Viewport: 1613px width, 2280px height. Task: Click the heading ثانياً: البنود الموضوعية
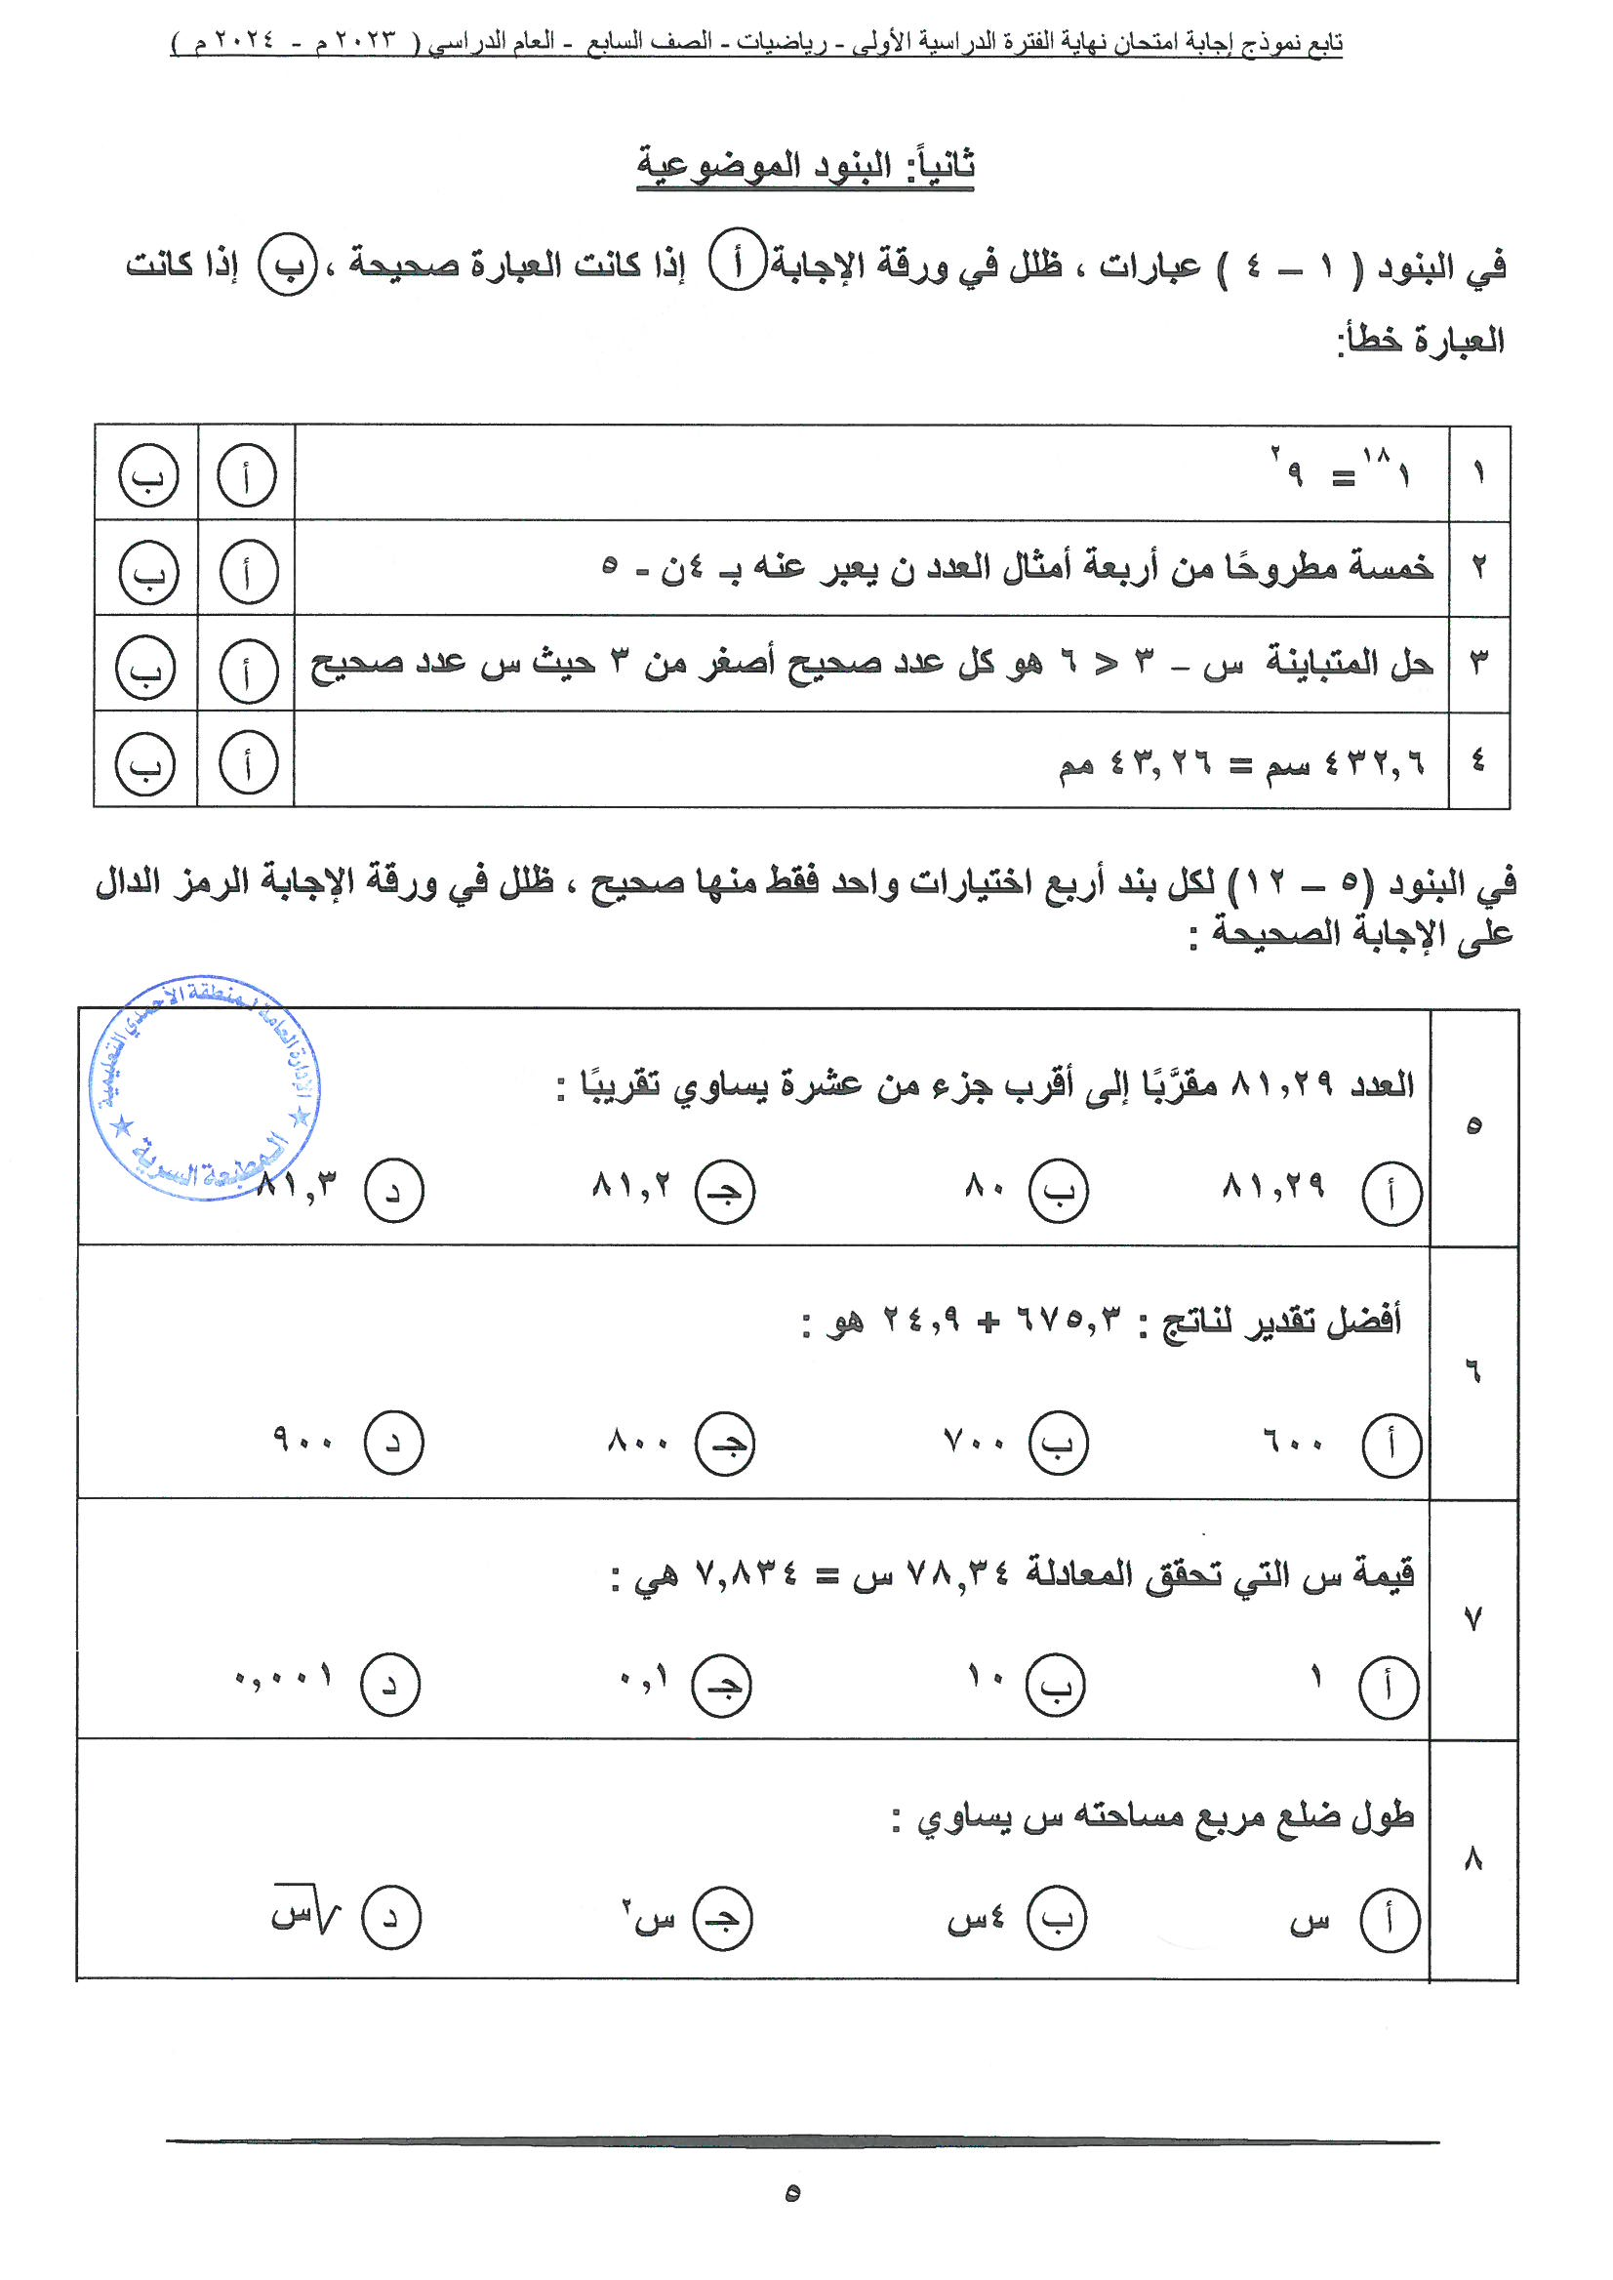click(804, 165)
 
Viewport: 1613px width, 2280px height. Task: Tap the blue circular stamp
click(205, 1088)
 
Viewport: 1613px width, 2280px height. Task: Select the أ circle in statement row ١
click(245, 476)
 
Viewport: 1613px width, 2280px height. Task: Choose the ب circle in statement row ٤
click(145, 763)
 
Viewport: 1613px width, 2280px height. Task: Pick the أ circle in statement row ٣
click(246, 671)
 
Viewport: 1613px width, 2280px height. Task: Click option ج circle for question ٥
click(724, 1191)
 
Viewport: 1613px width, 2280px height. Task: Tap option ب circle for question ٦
click(1058, 1444)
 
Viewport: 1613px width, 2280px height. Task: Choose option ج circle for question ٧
click(721, 1685)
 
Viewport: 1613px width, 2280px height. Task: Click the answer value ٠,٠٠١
click(283, 1678)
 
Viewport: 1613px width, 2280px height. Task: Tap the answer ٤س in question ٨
click(976, 1918)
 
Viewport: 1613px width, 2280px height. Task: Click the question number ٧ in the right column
click(1472, 1620)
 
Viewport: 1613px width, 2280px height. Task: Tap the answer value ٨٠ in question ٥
click(985, 1185)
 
